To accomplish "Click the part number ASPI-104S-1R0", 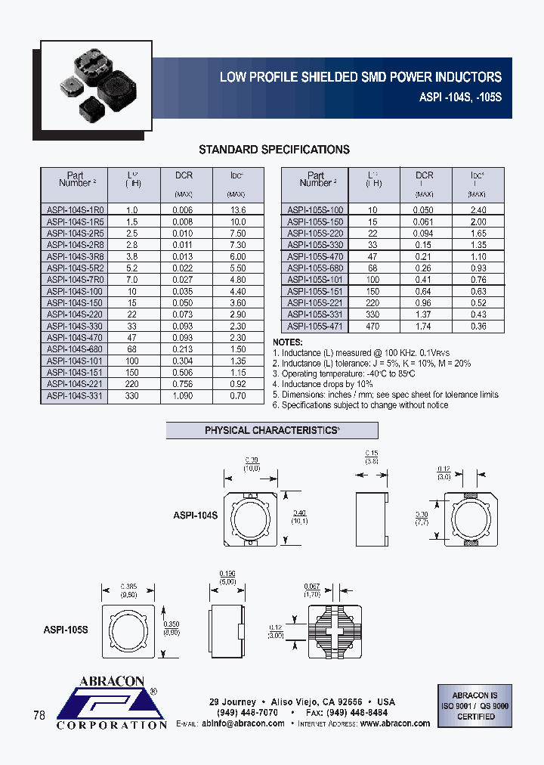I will [x=74, y=210].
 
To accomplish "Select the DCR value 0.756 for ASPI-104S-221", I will [x=184, y=384].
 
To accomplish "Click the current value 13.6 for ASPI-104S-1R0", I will [x=237, y=210].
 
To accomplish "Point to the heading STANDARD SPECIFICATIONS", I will [x=274, y=150].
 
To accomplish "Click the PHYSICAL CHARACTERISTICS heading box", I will [x=272, y=431].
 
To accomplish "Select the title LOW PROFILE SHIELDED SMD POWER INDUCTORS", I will [x=360, y=77].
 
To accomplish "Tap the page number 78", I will [x=40, y=714].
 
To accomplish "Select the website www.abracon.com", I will [x=395, y=723].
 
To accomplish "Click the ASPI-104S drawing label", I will [x=195, y=515].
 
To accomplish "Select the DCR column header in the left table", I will [x=184, y=175].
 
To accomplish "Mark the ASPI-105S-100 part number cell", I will [x=315, y=210].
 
